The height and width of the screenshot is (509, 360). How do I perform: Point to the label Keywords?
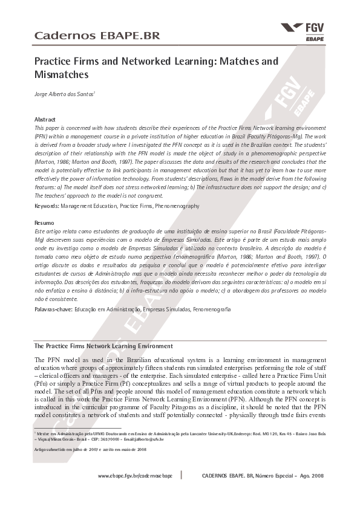point(47,206)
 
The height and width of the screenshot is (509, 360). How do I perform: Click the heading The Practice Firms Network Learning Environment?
point(103,346)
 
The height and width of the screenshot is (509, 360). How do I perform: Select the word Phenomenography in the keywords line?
point(177,206)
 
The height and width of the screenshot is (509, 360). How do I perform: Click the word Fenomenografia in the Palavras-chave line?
point(211,310)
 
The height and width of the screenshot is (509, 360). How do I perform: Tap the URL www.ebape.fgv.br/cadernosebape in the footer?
point(135,476)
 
